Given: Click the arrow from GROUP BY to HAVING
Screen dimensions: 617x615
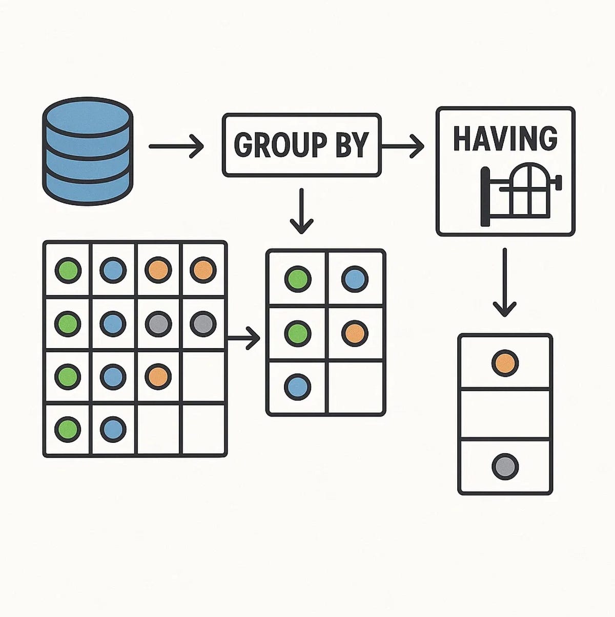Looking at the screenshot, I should (403, 147).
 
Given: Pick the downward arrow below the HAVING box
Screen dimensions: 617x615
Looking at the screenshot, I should (505, 282).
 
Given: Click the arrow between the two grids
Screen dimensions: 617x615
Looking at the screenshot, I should (244, 338).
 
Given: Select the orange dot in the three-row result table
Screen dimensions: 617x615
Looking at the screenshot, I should (505, 364).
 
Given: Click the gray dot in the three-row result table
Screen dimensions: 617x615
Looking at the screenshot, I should (505, 466).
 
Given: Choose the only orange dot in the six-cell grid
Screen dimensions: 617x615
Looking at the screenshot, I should (355, 333).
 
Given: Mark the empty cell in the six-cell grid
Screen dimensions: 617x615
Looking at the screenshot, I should (356, 387).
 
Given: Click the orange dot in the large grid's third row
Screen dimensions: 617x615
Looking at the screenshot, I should (157, 376).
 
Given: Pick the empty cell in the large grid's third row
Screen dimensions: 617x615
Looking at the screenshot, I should (203, 377).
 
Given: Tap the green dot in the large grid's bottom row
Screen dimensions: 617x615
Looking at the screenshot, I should (68, 429).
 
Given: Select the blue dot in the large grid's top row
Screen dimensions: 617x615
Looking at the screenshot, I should (113, 270).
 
